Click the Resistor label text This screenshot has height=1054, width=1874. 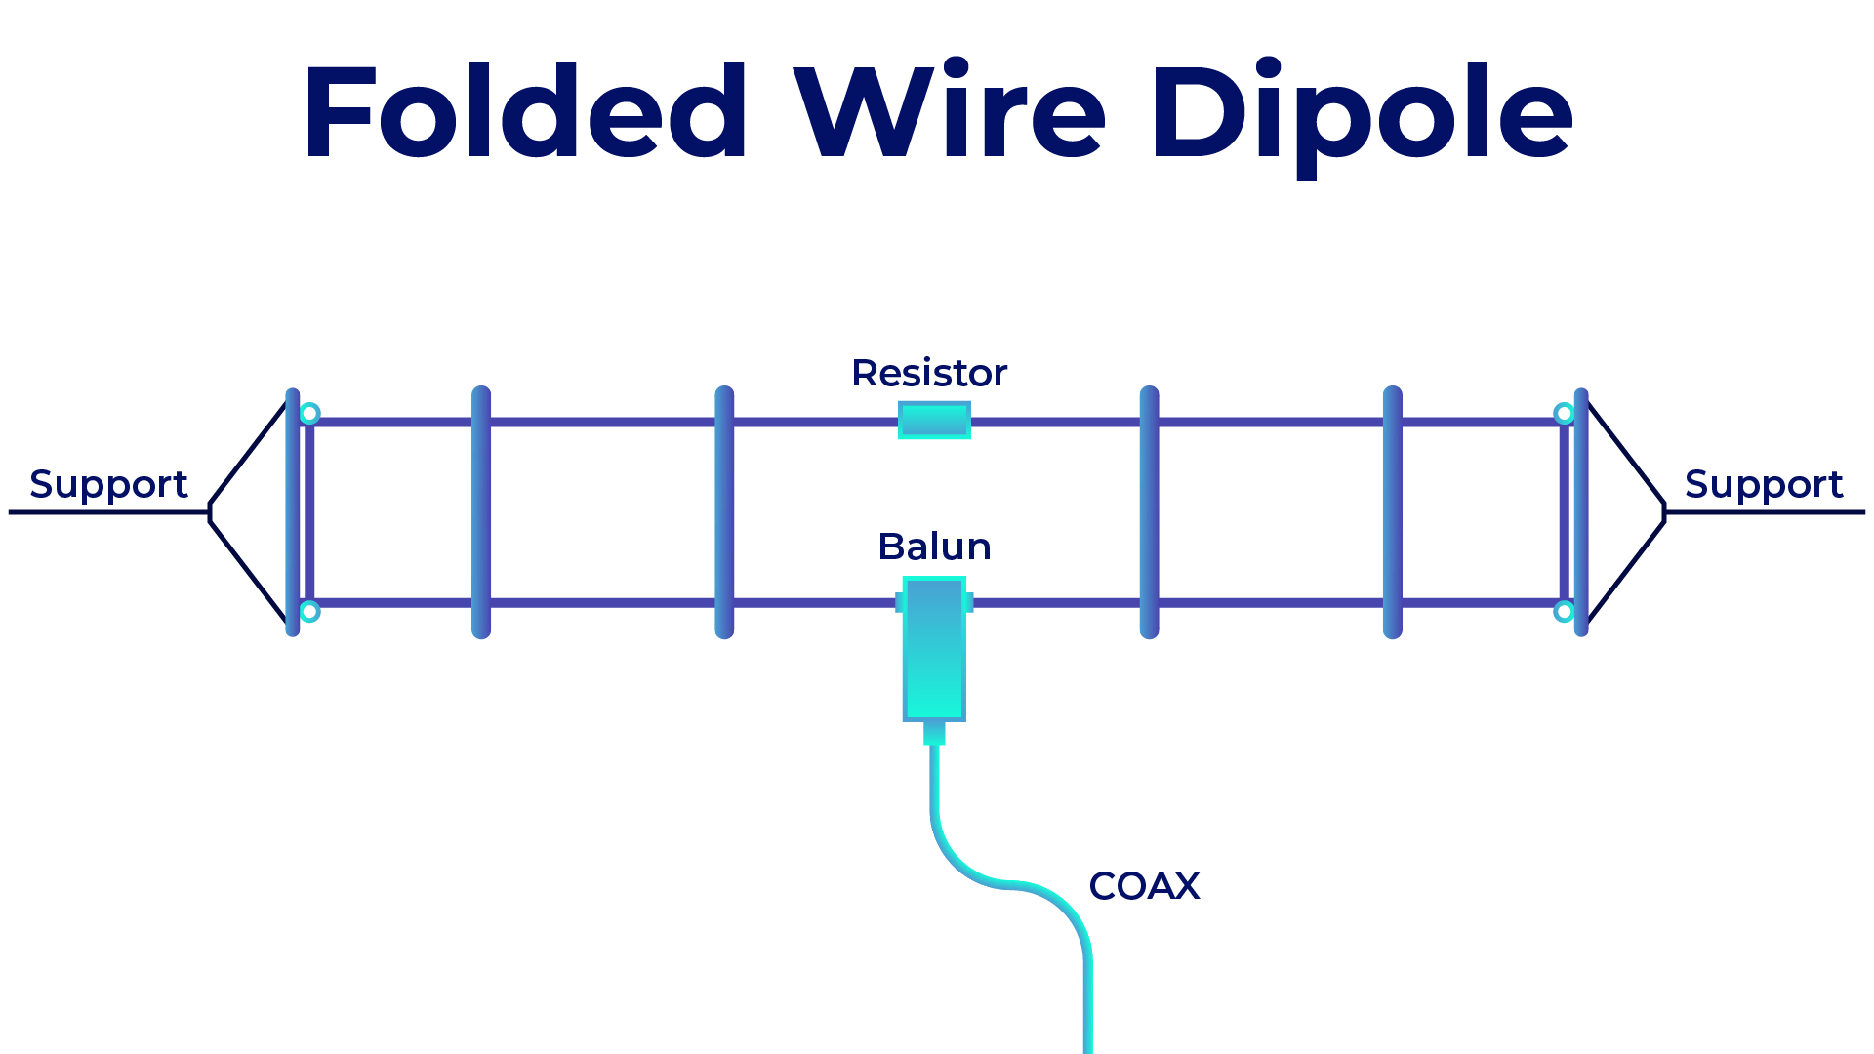[x=928, y=373]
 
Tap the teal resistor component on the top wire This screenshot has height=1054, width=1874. [x=934, y=421]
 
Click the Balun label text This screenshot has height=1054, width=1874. [x=934, y=547]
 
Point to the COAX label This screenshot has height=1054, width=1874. [x=1144, y=886]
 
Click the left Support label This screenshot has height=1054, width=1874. [x=108, y=484]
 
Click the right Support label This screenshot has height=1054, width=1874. [x=1763, y=484]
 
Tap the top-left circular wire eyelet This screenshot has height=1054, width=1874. [x=309, y=414]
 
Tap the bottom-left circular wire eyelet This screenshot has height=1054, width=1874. [x=309, y=612]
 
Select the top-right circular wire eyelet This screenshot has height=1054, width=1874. [x=1564, y=414]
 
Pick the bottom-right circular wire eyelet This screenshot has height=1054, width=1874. [x=1564, y=612]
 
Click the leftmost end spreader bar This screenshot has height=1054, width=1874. [x=292, y=512]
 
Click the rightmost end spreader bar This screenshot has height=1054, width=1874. [x=1581, y=512]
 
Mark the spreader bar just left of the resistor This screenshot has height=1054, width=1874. [x=724, y=512]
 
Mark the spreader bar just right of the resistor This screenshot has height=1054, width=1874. [x=1149, y=512]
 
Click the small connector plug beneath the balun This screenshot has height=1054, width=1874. [x=934, y=732]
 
